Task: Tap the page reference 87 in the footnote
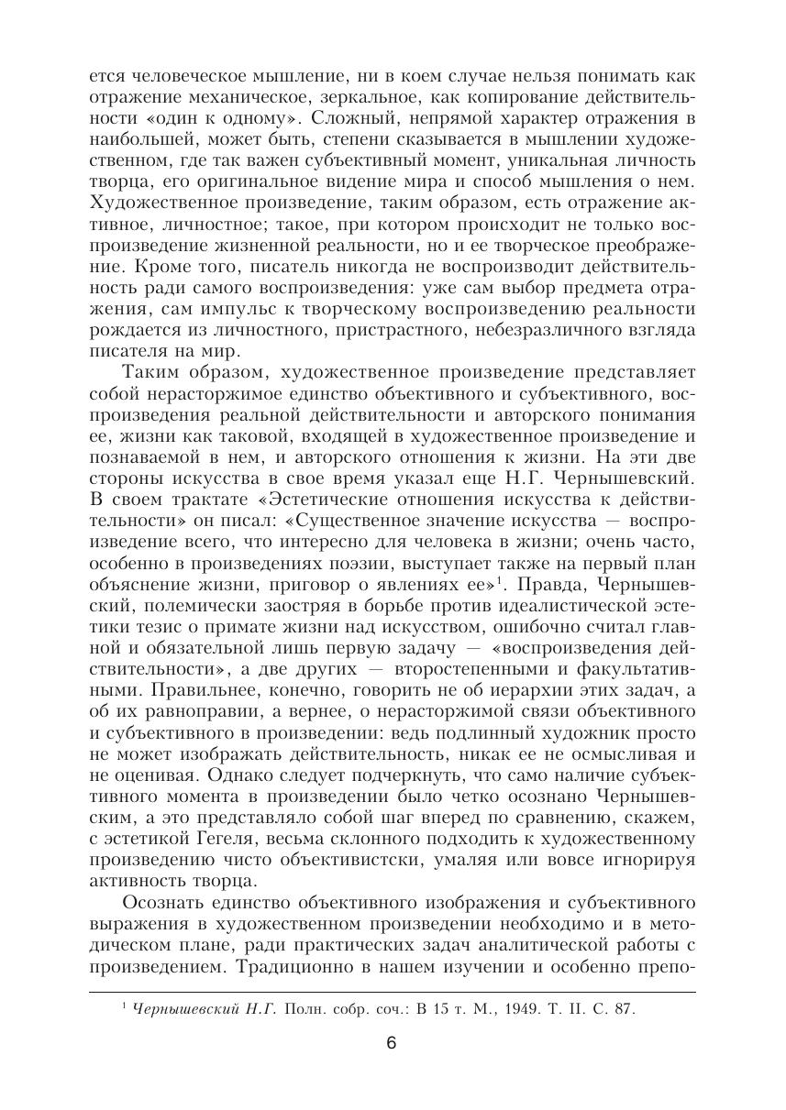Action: pos(623,1009)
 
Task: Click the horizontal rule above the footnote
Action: pos(392,991)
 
